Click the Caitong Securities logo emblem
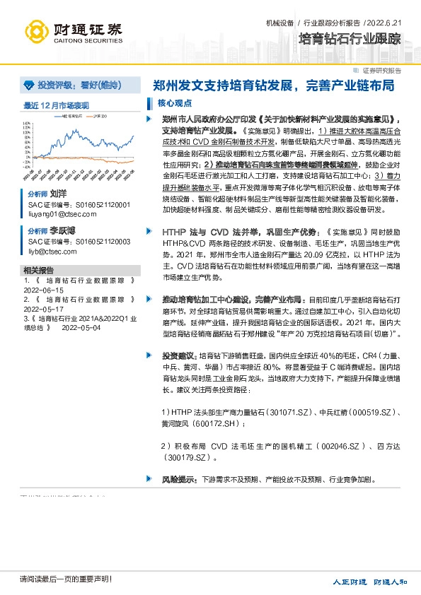[x=38, y=31]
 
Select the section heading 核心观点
[x=169, y=103]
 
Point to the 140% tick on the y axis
[x=28, y=121]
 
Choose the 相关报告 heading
[x=38, y=270]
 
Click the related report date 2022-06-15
[x=44, y=290]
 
